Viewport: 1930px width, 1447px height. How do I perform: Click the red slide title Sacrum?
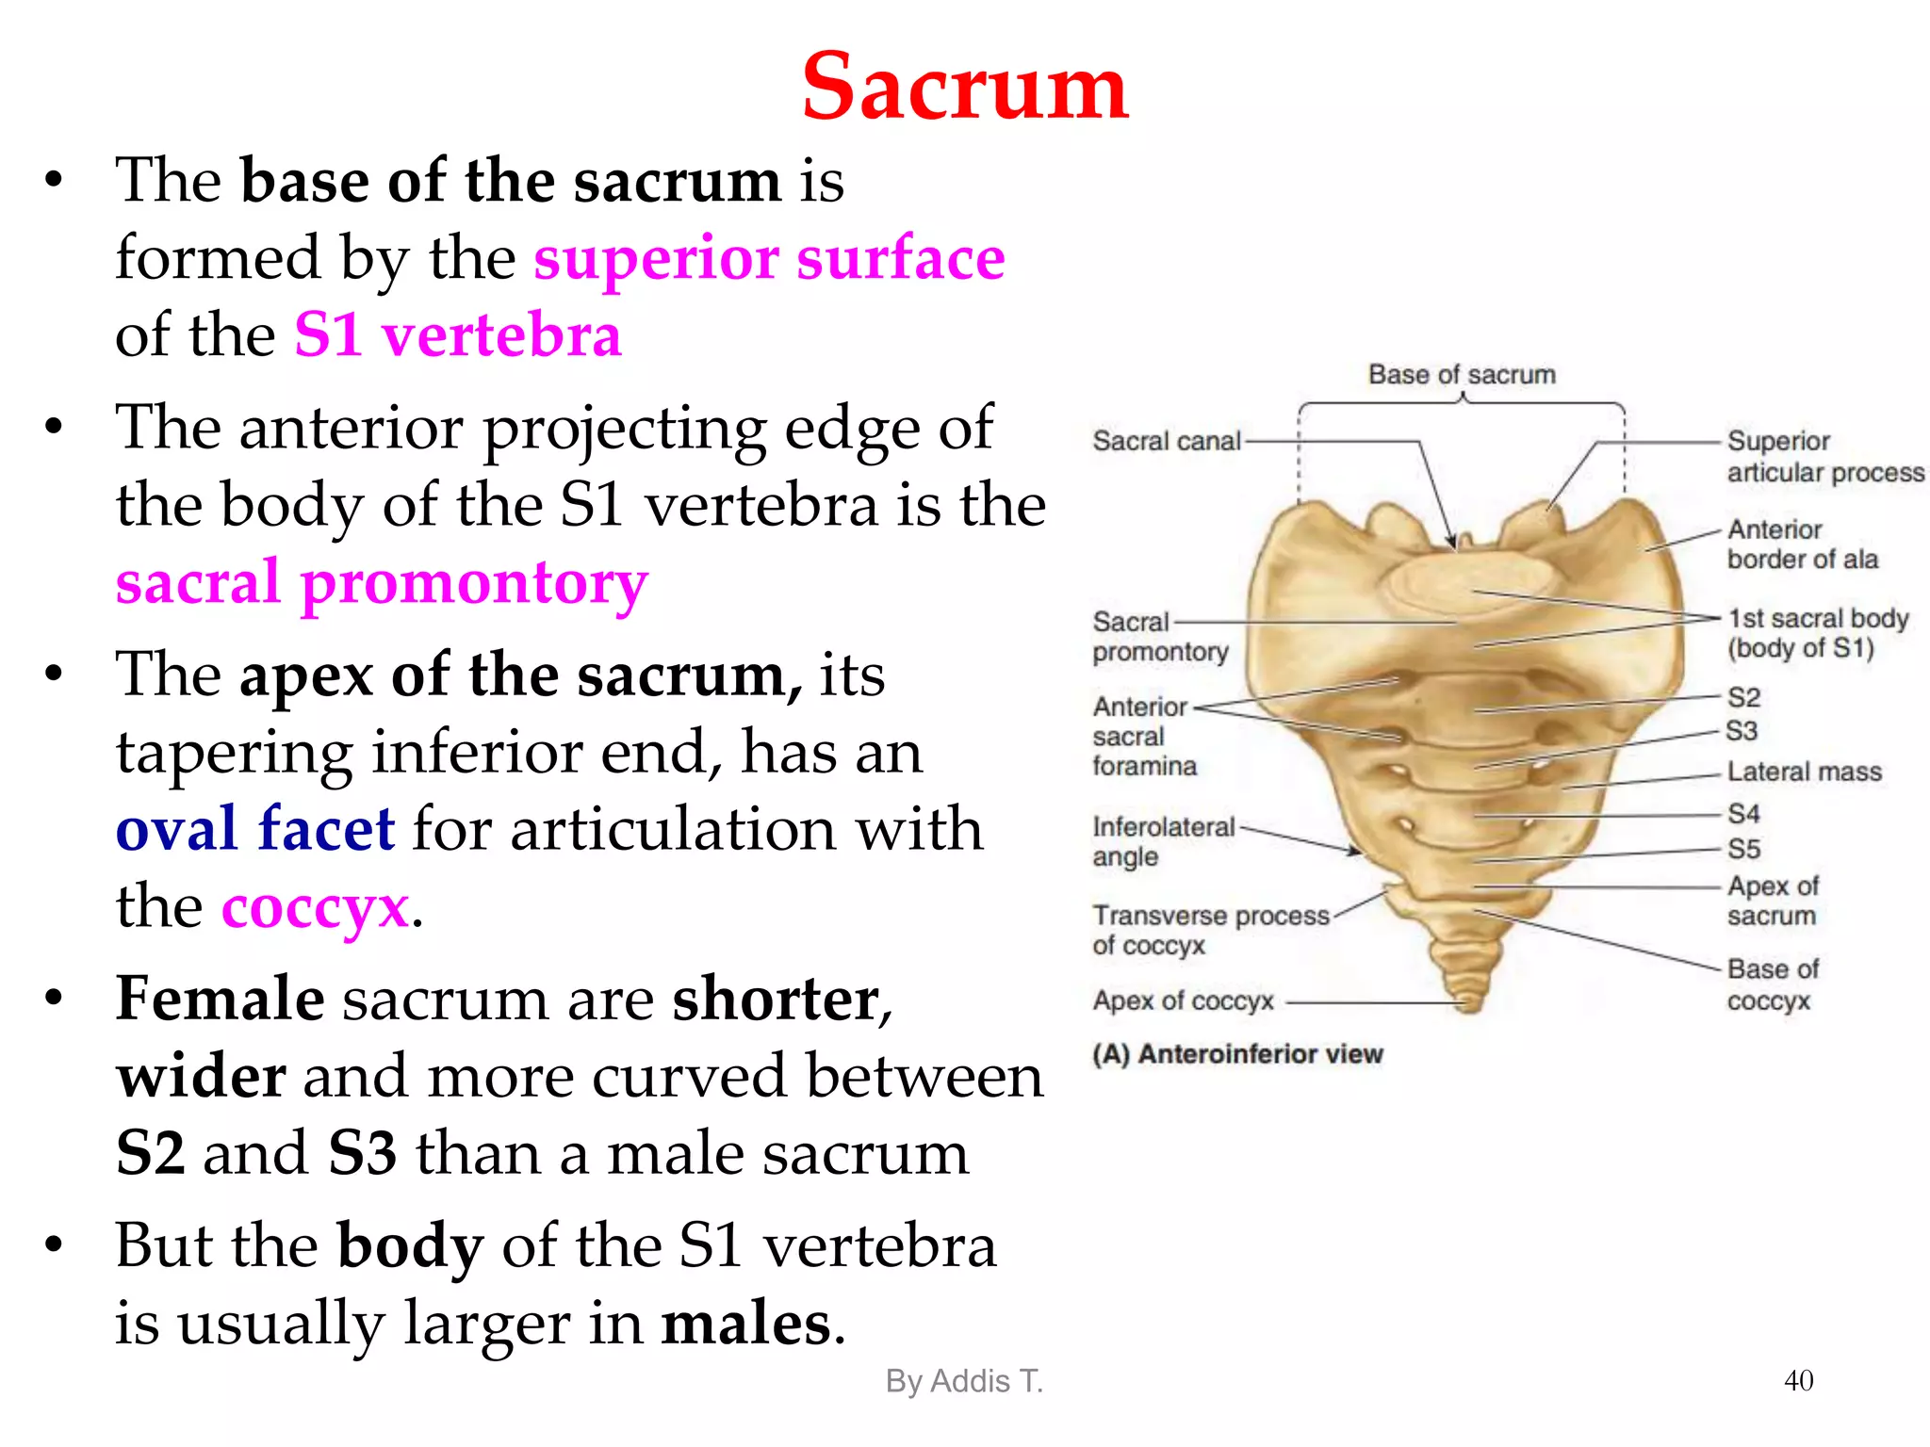click(x=964, y=87)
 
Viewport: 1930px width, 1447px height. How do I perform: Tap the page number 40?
click(x=1798, y=1380)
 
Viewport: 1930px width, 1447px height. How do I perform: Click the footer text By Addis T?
click(x=964, y=1381)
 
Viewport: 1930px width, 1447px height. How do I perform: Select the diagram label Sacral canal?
click(x=1166, y=441)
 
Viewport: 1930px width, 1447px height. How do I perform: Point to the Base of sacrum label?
click(x=1462, y=375)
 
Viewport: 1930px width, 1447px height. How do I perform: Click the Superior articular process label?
click(x=1824, y=456)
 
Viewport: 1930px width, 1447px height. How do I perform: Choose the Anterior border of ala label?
click(x=1802, y=545)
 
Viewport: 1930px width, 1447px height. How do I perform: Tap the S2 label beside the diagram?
click(x=1743, y=697)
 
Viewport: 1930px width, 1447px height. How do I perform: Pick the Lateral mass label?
click(x=1804, y=772)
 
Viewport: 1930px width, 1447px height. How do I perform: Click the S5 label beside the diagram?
click(x=1743, y=849)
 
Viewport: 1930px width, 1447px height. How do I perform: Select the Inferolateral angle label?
click(x=1163, y=841)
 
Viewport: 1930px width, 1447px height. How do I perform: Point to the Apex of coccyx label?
click(x=1183, y=1000)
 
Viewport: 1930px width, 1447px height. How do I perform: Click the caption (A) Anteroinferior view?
click(x=1237, y=1053)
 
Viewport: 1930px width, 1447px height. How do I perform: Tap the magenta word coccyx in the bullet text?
click(x=315, y=907)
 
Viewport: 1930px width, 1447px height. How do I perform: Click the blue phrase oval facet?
click(x=254, y=829)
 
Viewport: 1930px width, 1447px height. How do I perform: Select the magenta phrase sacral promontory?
click(x=382, y=582)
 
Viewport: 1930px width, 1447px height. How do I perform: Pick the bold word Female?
click(x=220, y=999)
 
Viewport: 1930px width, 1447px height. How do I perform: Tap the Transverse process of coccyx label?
click(x=1211, y=930)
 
